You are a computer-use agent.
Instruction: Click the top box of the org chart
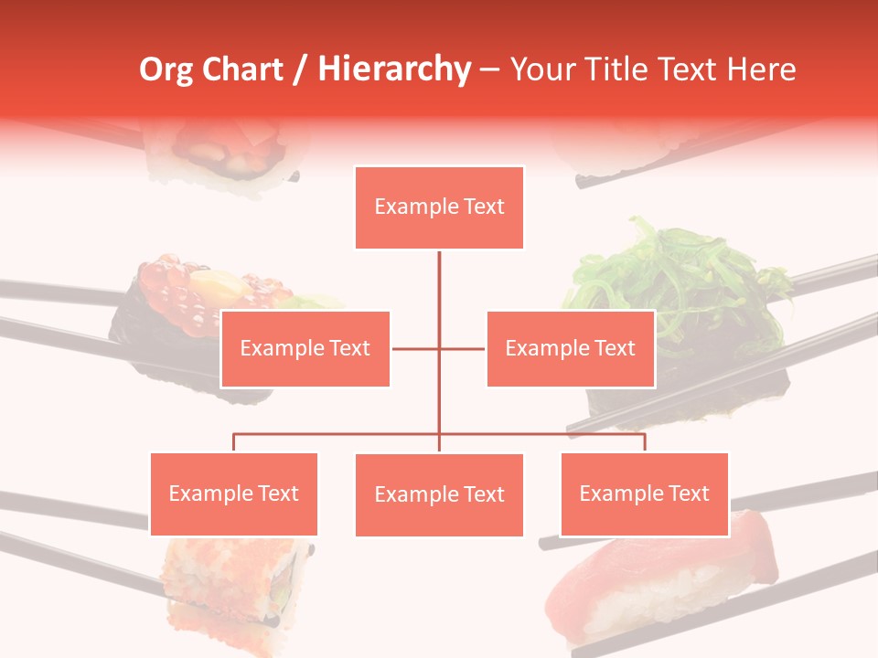pyautogui.click(x=439, y=207)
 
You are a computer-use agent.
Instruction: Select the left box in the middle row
pyautogui.click(x=305, y=348)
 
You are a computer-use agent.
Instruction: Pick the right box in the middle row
pyautogui.click(x=571, y=348)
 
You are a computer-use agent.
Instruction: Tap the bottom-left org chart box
pyautogui.click(x=234, y=493)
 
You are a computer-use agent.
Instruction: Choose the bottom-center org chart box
pyautogui.click(x=439, y=494)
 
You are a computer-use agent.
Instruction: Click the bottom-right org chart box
pyautogui.click(x=645, y=493)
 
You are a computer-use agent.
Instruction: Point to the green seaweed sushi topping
pyautogui.click(x=677, y=274)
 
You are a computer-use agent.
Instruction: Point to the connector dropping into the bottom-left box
pyautogui.click(x=234, y=442)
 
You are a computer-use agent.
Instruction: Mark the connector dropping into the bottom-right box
pyautogui.click(x=645, y=442)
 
